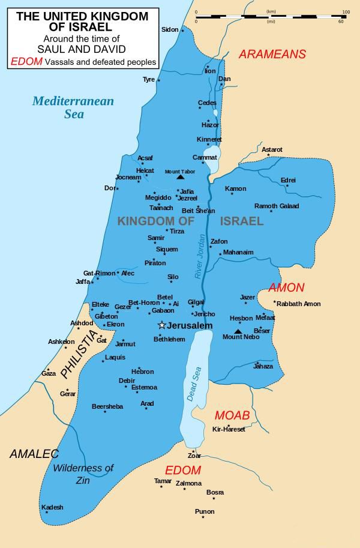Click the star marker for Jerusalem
(161, 325)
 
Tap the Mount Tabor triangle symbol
(180, 177)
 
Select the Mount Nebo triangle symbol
(238, 331)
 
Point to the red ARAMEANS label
(272, 55)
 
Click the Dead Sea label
(194, 384)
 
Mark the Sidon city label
(170, 29)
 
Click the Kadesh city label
(52, 507)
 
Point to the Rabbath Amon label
(299, 304)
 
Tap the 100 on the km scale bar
(346, 11)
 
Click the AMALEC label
(34, 454)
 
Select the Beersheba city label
(107, 406)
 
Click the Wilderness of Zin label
(83, 474)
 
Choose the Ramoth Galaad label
(277, 206)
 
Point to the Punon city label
(205, 511)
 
